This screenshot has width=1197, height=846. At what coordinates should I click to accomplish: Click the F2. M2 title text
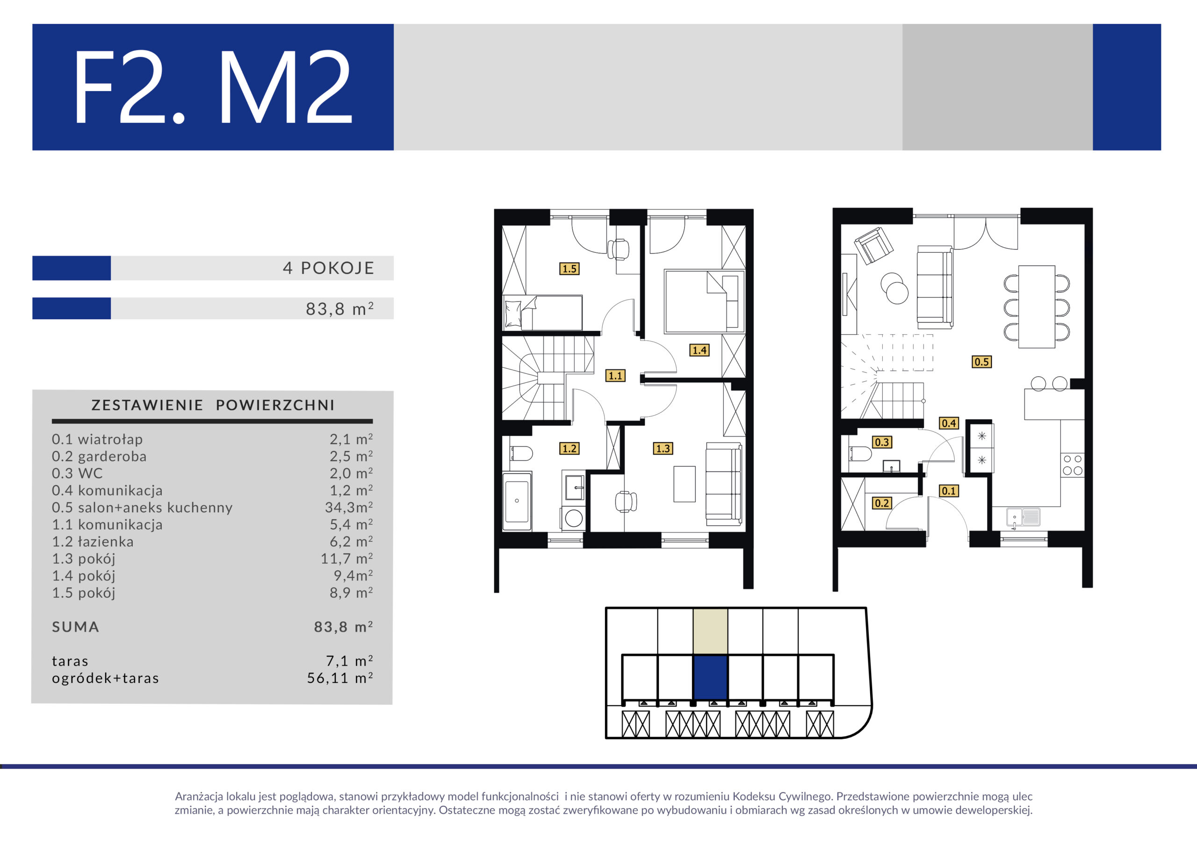[213, 87]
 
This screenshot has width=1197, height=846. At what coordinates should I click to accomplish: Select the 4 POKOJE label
[328, 268]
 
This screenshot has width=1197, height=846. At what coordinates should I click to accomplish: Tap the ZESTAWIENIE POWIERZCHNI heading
[213, 405]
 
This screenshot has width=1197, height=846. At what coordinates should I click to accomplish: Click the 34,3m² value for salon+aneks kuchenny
[349, 507]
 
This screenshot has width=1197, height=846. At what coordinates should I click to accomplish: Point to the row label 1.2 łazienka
[93, 542]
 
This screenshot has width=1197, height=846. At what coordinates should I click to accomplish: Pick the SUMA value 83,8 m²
[343, 626]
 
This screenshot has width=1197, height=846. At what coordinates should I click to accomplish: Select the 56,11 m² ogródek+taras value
[340, 678]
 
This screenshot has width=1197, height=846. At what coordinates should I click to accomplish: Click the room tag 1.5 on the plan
[570, 268]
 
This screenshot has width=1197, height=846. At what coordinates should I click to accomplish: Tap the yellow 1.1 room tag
[615, 375]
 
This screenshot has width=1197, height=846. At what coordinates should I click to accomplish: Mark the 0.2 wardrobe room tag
[881, 503]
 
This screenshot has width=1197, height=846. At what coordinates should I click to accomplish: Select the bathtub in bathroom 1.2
[517, 501]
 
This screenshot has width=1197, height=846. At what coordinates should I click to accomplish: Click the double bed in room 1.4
[704, 301]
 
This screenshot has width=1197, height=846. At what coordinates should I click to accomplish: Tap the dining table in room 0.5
[1037, 307]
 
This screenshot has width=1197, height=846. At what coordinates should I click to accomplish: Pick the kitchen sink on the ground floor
[1023, 517]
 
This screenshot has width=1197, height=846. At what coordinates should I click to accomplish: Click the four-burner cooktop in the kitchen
[1073, 465]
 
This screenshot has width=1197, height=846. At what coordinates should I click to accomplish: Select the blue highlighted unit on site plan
[710, 677]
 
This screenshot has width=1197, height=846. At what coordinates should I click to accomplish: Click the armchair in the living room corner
[873, 245]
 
